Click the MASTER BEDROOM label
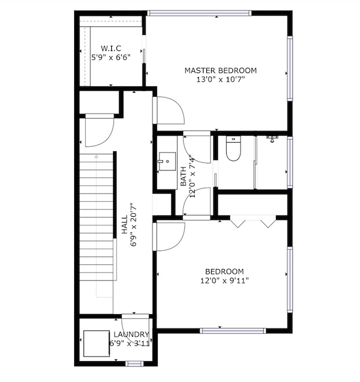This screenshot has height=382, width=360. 220,71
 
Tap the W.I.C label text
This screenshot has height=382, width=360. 111,48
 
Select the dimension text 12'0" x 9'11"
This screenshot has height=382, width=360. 224,281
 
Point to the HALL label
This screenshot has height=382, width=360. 125,224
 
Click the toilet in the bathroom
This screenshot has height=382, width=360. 234,148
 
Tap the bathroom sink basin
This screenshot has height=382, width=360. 168,162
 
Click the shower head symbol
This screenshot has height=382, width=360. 272,139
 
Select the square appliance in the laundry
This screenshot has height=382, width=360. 96,344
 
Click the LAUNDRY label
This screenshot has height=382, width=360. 131,334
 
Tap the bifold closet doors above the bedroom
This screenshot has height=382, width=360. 253,221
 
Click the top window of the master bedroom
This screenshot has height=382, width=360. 199,13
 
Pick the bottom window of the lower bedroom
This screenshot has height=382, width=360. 233,330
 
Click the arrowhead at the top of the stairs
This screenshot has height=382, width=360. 96,156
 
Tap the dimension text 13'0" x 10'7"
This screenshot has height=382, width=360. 220,79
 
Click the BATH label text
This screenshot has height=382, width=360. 183,176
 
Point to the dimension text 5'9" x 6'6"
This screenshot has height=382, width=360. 111,57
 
